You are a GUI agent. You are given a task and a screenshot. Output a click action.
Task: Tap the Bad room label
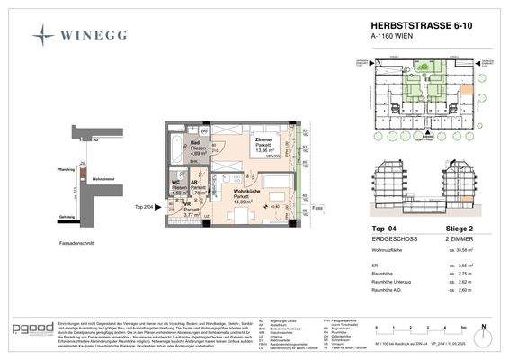[x=194, y=142]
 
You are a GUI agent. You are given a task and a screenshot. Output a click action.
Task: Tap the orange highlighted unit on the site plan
[x=442, y=89]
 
